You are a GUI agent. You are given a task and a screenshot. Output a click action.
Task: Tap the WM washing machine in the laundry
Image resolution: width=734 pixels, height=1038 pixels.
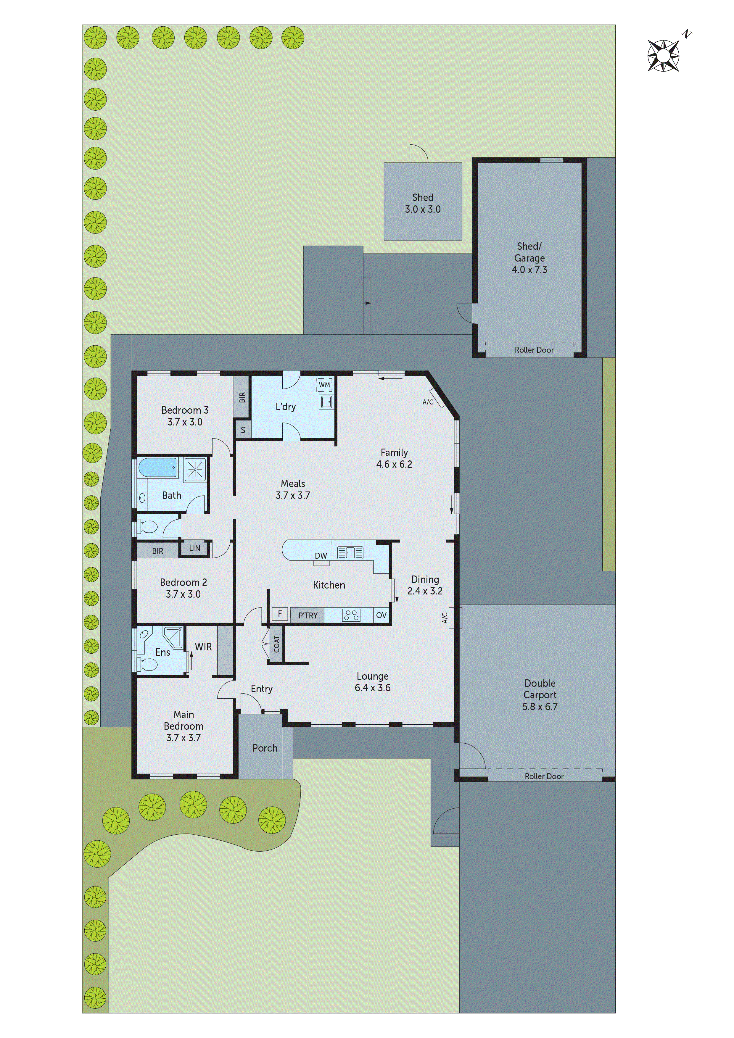(x=324, y=385)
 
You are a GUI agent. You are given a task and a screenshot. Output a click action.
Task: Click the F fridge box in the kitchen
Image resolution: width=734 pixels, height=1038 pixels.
(x=280, y=614)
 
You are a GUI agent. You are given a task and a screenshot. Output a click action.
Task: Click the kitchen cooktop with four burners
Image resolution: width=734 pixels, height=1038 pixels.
(x=351, y=615)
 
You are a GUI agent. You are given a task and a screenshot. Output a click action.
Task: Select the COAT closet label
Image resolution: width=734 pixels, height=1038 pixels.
(x=276, y=644)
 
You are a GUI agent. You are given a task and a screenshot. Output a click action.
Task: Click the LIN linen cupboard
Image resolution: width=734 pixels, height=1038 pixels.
(x=194, y=548)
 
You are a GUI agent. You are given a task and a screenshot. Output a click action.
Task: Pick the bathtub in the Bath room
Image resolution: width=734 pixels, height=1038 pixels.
(x=157, y=468)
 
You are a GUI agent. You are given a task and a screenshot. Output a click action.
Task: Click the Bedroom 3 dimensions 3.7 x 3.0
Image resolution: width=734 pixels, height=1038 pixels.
(x=185, y=422)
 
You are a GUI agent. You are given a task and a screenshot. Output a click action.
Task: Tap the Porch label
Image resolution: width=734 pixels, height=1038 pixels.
(x=265, y=748)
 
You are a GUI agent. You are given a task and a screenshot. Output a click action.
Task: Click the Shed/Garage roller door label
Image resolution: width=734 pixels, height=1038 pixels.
(x=534, y=350)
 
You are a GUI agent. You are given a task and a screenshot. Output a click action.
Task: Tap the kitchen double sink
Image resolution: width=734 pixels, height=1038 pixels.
(x=350, y=552)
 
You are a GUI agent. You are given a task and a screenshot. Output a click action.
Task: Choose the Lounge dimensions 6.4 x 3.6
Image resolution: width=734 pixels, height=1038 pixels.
(x=373, y=688)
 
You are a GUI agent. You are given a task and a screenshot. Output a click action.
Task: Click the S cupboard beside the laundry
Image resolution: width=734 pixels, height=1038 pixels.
(x=243, y=430)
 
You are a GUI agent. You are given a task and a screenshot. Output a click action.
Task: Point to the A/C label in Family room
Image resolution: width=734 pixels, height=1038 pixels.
(x=428, y=402)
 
